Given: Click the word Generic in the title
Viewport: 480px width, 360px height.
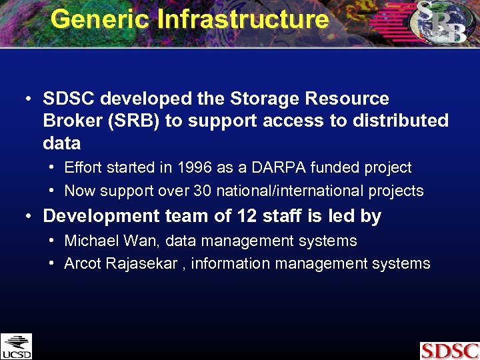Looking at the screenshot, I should (x=99, y=19).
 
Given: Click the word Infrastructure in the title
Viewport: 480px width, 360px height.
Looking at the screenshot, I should (x=243, y=19).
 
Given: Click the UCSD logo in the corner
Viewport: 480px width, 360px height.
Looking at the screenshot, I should (x=16, y=346).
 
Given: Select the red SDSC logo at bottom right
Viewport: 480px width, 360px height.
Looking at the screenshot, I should (x=449, y=351).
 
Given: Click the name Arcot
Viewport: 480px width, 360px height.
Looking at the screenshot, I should (x=83, y=264).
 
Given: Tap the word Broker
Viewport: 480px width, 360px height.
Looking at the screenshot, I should (x=71, y=121).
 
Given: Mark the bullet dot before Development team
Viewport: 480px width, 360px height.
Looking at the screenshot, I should (x=28, y=216).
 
